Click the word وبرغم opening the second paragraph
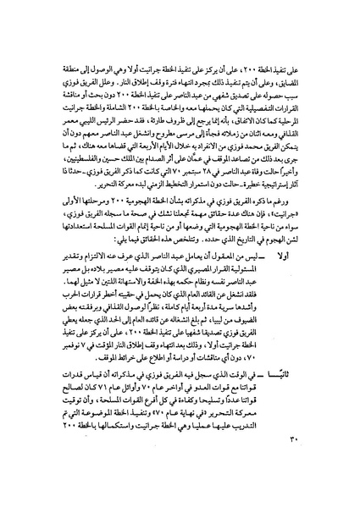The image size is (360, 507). click(x=314, y=215)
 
